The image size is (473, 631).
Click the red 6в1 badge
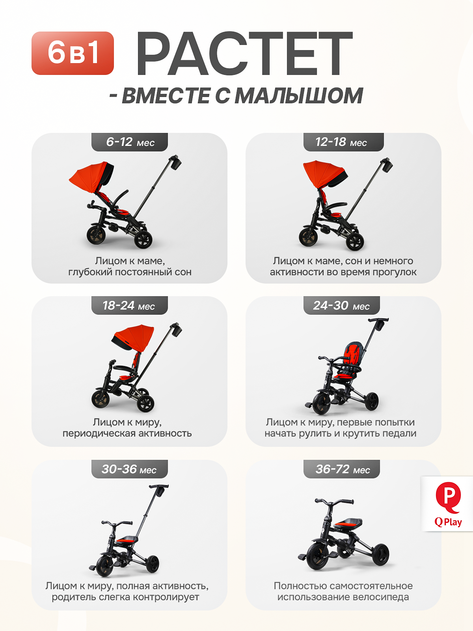pyautogui.click(x=73, y=53)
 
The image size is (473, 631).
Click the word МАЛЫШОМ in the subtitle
pyautogui.click(x=299, y=95)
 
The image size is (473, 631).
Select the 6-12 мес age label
pyautogui.click(x=130, y=142)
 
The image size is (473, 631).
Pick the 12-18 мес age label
pyautogui.click(x=343, y=142)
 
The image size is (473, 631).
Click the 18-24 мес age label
pyautogui.click(x=130, y=305)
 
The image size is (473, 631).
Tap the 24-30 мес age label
pyautogui.click(x=341, y=305)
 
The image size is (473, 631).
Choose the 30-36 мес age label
pyautogui.click(x=130, y=469)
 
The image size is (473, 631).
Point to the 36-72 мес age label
pyautogui.click(x=341, y=469)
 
